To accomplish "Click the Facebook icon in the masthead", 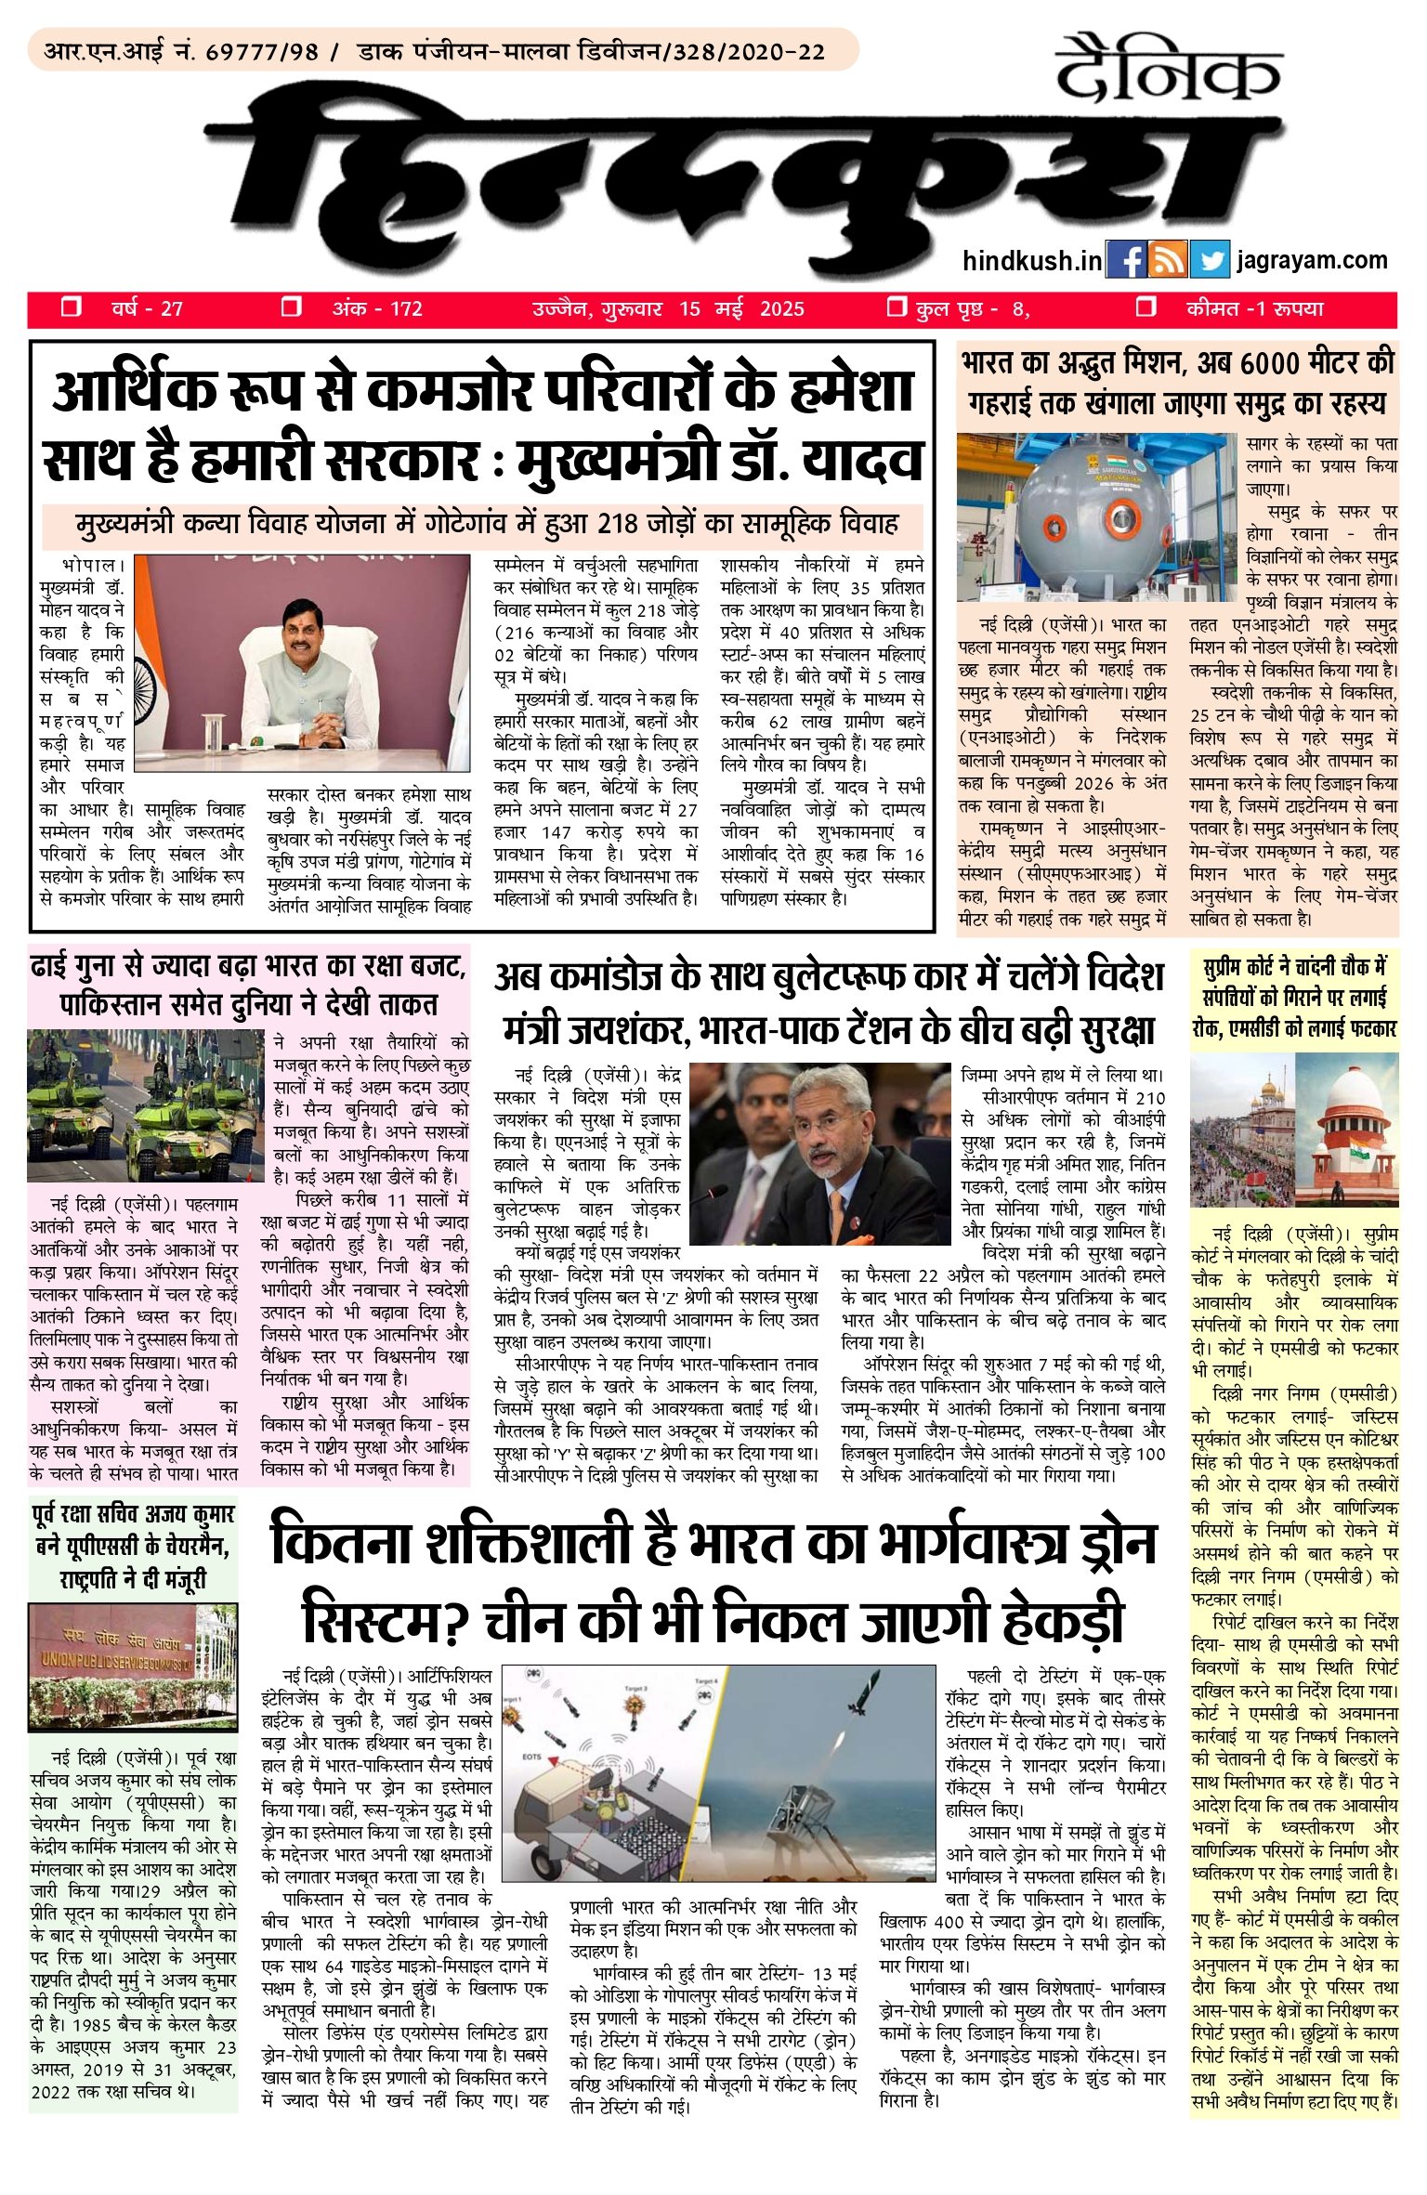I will (1126, 261).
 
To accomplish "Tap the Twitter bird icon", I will (1209, 261).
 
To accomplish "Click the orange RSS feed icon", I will (1167, 261).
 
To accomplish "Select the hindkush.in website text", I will (1032, 261).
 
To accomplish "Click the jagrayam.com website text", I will (1312, 261).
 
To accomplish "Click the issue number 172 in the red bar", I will (406, 309).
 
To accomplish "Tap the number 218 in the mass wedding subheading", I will (622, 524).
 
